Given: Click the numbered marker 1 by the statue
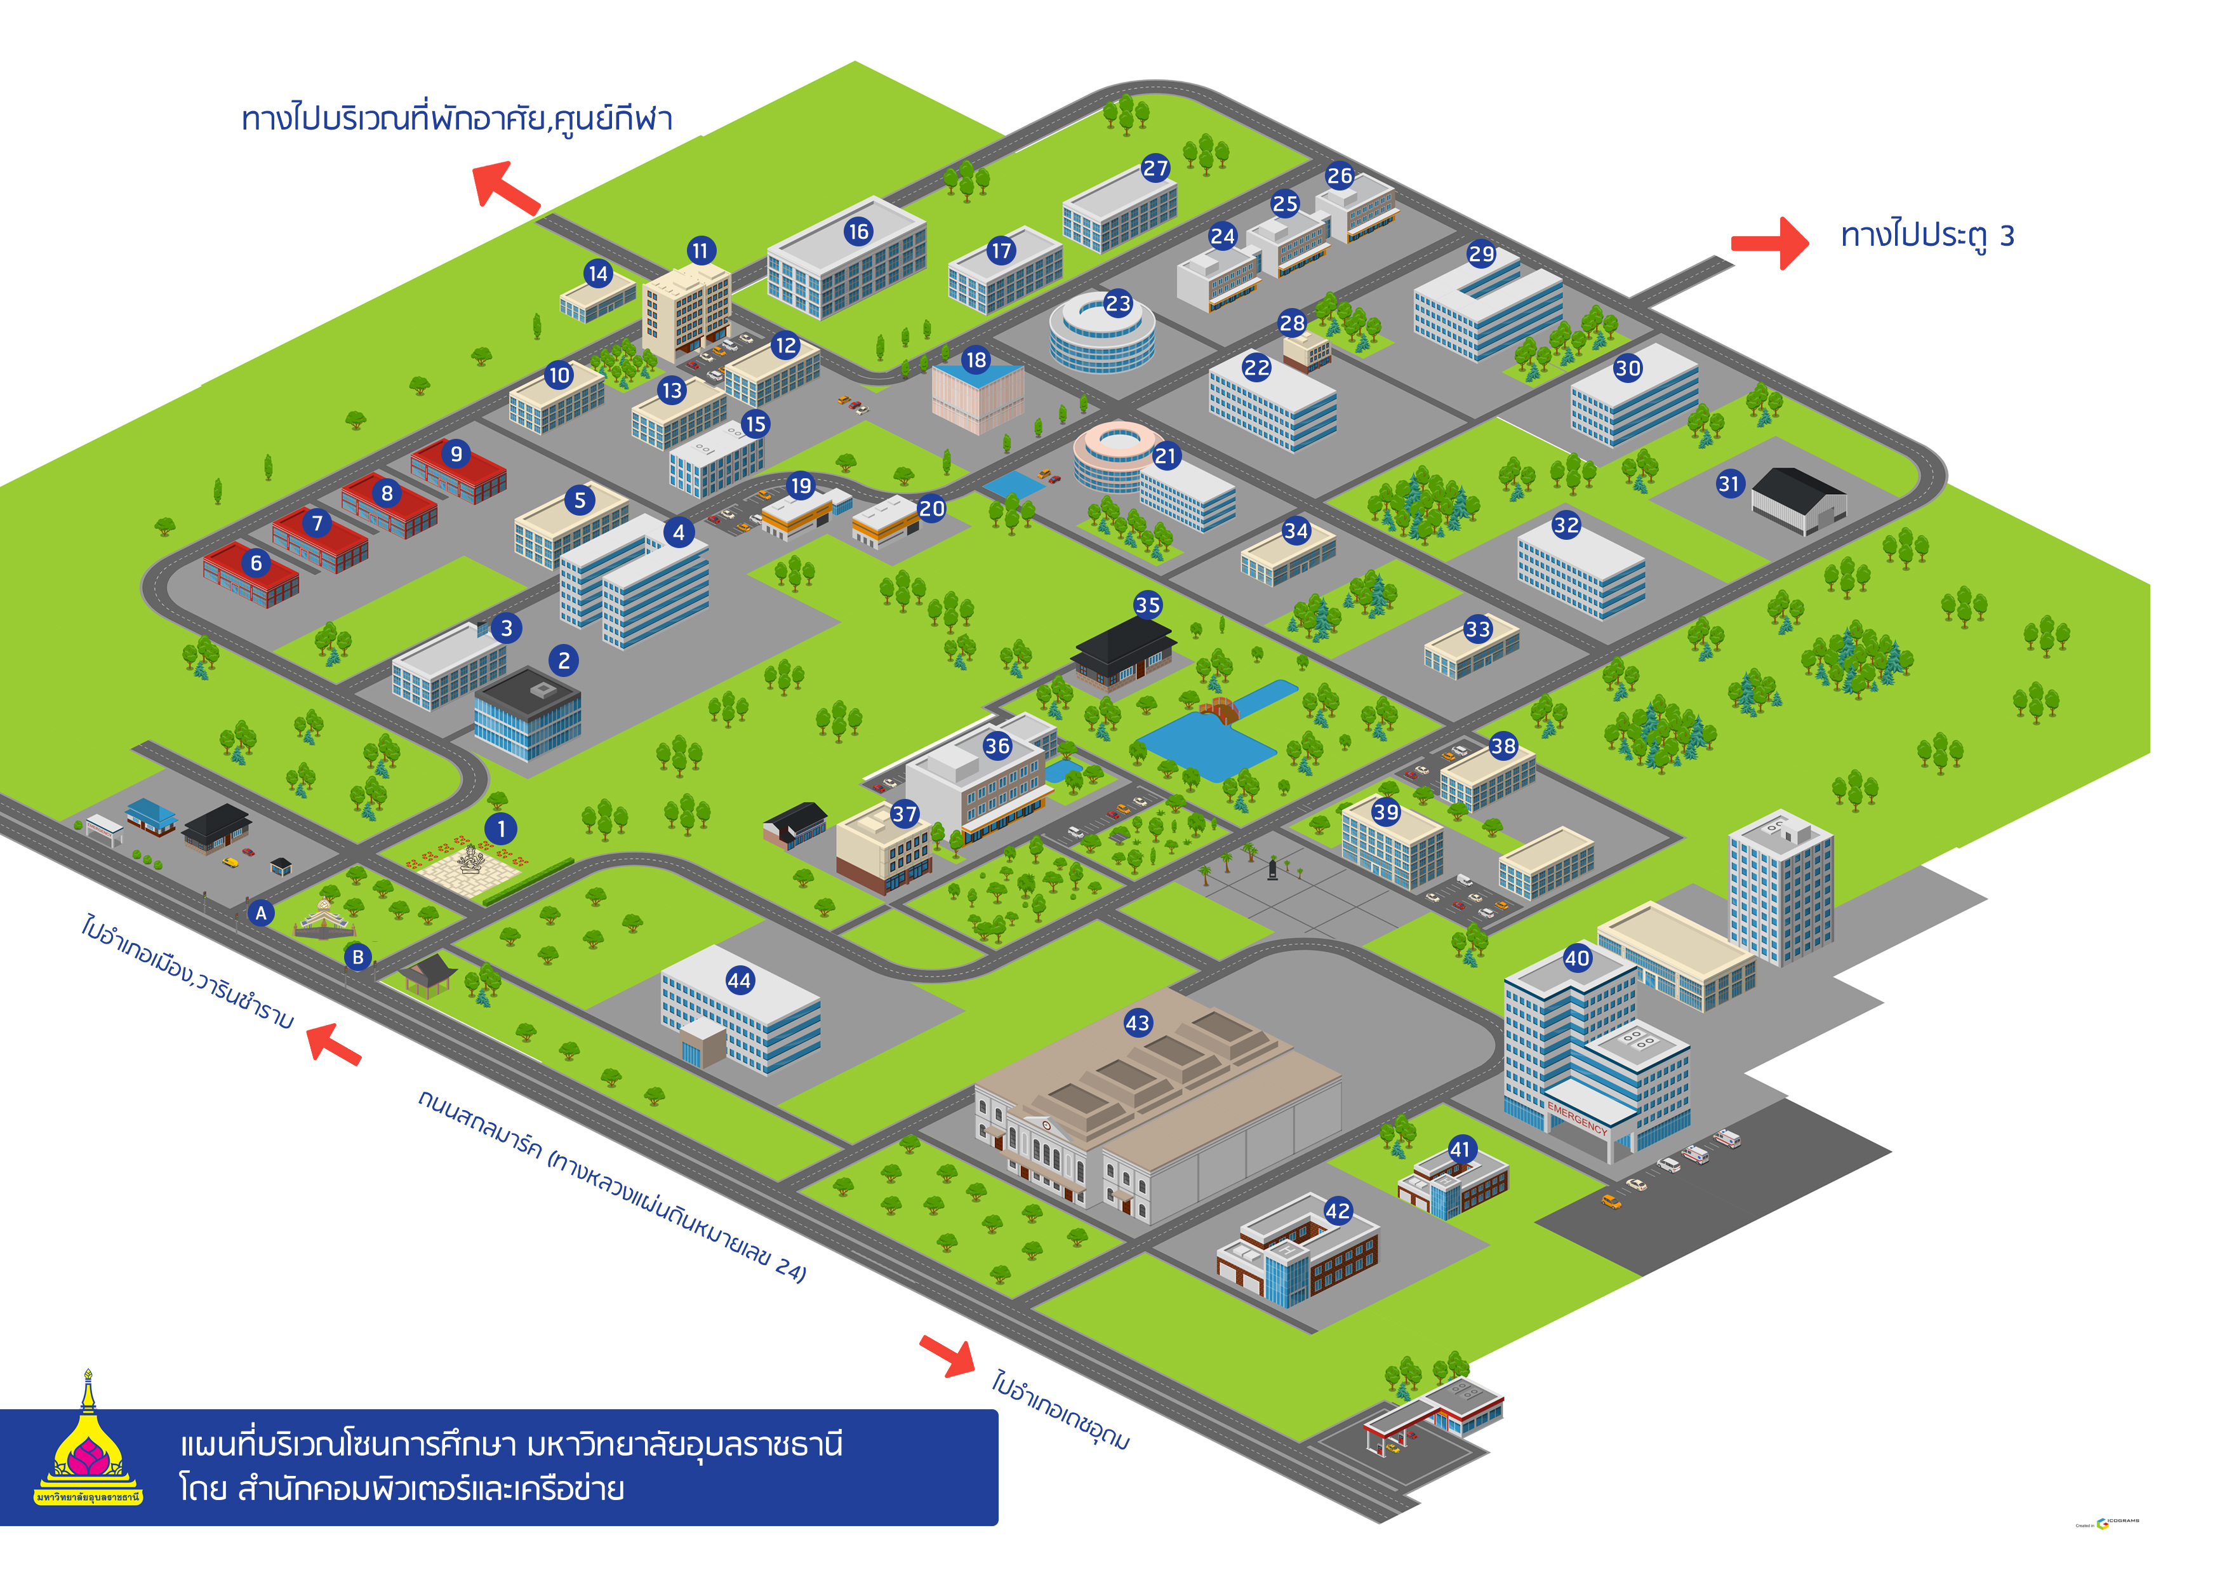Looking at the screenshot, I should coord(500,829).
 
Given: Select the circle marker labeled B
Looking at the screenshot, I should coord(357,957).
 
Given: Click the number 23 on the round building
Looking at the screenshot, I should coord(1118,304).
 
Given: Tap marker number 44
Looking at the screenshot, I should coord(739,981).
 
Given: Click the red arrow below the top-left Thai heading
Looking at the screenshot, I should coord(505,187).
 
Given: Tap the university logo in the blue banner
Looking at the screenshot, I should coord(88,1445).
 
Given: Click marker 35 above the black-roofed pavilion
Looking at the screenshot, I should coord(1148,605).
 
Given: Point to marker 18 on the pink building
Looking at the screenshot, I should coord(975,360).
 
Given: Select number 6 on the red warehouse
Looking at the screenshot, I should coord(256,563).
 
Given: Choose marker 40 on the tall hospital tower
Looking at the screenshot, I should coord(1578,958).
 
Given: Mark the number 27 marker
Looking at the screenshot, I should coord(1155,168).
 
